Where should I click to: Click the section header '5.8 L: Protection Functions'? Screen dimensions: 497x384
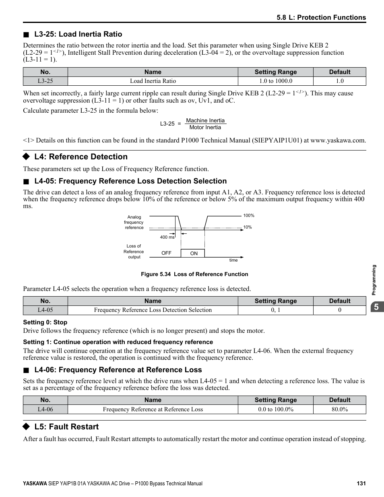coord(321,17)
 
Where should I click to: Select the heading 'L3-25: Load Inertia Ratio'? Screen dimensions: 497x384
coord(78,34)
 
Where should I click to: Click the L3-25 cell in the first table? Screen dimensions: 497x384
coord(45,81)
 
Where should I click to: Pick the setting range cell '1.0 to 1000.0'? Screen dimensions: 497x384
coord(275,81)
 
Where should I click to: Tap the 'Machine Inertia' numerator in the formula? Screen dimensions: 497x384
coord(205,120)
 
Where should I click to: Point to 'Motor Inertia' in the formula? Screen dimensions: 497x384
coord(205,128)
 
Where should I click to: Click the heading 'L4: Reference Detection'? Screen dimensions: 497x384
coord(81,157)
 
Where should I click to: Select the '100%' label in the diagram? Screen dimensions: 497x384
coord(249,216)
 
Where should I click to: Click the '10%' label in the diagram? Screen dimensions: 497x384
coord(248,227)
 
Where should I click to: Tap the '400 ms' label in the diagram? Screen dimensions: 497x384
coord(167,237)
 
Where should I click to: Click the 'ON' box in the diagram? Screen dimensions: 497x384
coord(194,254)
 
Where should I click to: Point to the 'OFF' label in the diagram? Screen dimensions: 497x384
coord(166,253)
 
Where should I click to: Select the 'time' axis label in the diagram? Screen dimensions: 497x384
coord(233,260)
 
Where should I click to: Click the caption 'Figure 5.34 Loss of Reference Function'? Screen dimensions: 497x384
coord(194,274)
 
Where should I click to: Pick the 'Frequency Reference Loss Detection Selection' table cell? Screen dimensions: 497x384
coord(153,310)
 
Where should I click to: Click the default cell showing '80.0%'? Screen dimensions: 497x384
coord(339,409)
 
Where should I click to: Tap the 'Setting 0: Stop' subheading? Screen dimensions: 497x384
coord(45,322)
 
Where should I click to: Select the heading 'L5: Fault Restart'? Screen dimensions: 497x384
coord(66,427)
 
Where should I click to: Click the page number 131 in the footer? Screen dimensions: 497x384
coord(361,483)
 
